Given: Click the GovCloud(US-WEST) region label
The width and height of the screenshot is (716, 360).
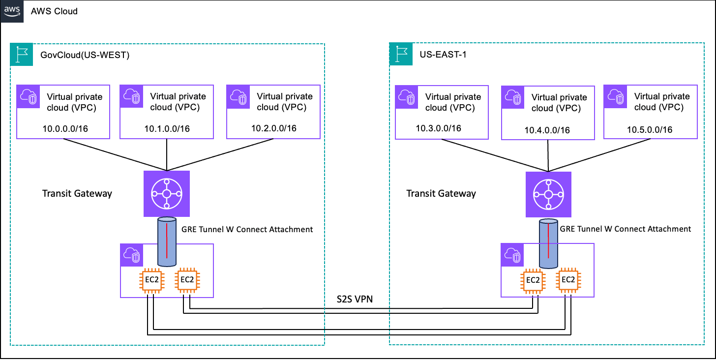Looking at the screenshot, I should (85, 55).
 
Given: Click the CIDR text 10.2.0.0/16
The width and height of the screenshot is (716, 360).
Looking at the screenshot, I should (273, 129).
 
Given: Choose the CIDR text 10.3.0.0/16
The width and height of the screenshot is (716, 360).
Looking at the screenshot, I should (438, 128).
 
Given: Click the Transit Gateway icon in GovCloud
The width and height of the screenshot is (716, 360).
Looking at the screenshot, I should (167, 194).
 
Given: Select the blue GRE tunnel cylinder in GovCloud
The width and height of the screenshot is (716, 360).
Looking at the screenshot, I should (166, 241).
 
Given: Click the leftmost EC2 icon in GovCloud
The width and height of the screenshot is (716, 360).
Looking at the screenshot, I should (151, 280).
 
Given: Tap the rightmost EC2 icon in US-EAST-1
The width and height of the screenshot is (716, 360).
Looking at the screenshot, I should (568, 280).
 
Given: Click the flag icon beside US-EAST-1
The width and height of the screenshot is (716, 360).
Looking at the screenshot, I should (400, 54).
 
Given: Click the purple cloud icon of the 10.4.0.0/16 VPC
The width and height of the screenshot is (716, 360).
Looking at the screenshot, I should (511, 96).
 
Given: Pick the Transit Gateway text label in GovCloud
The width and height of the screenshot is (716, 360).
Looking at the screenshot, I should (77, 193).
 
